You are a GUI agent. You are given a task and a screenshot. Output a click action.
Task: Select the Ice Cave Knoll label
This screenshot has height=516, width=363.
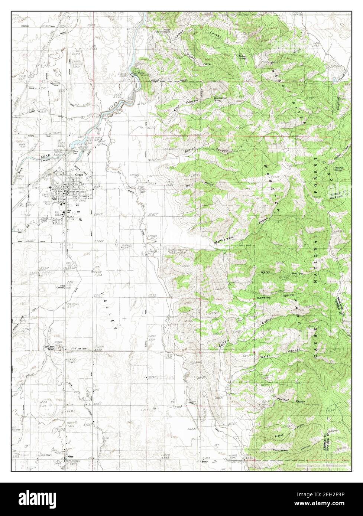[x=49, y=349]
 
